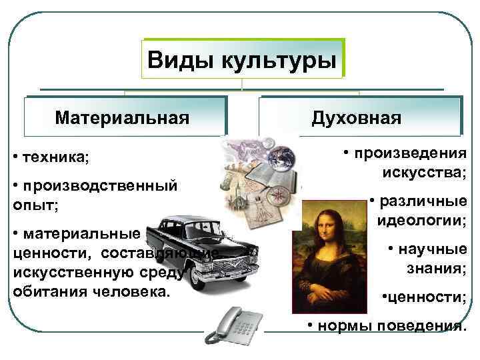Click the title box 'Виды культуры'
tap(241, 61)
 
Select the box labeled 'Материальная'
tap(123, 118)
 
